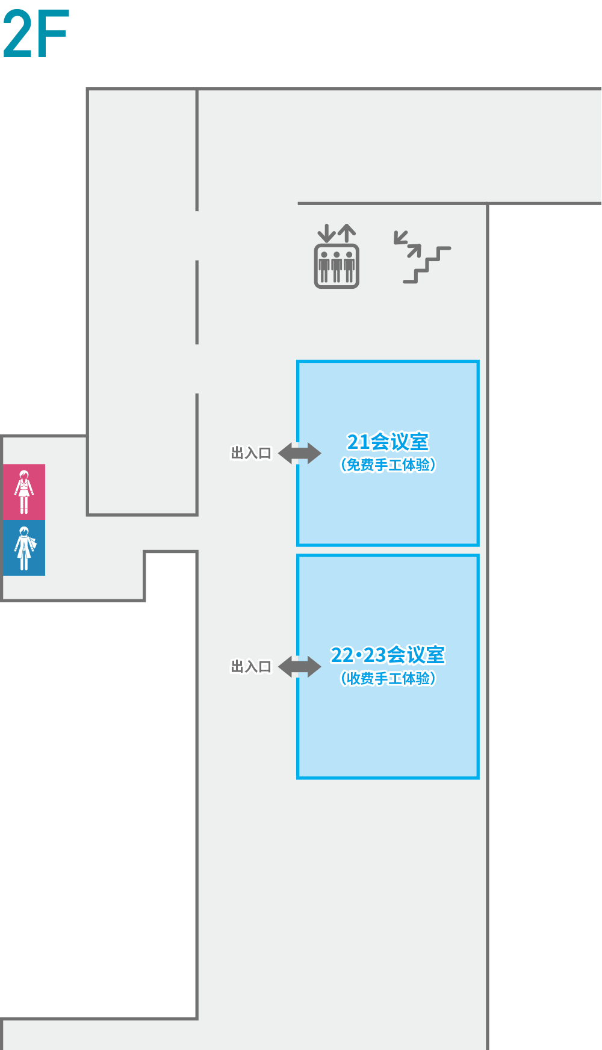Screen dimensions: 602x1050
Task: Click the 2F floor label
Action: click(x=36, y=34)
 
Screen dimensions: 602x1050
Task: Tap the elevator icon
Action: click(x=337, y=256)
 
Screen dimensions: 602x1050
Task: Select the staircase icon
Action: click(x=422, y=257)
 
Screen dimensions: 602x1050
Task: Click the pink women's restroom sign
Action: click(x=24, y=492)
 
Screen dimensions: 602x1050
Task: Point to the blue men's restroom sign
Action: click(x=24, y=548)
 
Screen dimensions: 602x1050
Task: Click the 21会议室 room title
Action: click(x=388, y=442)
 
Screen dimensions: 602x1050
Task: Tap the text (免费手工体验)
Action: click(x=388, y=465)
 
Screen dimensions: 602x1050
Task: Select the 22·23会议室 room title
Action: click(x=388, y=655)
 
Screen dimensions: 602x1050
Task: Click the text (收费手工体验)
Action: click(x=388, y=678)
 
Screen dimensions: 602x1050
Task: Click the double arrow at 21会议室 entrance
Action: click(x=300, y=453)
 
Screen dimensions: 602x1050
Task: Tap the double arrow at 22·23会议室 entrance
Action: click(x=300, y=667)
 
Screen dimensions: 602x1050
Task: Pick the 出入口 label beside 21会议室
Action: click(x=251, y=453)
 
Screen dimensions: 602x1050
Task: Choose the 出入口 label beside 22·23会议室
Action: click(x=251, y=667)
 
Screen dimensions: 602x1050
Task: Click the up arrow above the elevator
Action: click(x=346, y=233)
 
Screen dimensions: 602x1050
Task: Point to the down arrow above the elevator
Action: click(x=326, y=233)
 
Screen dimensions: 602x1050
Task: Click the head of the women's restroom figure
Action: click(x=24, y=475)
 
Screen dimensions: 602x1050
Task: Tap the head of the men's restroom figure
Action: click(x=24, y=532)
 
